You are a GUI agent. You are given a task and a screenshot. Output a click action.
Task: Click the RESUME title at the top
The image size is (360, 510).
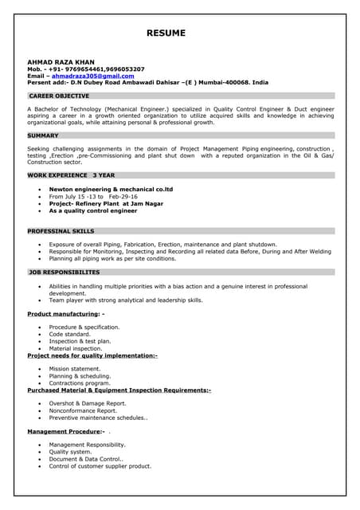click(166, 33)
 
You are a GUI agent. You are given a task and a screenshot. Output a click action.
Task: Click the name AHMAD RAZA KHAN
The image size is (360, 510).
click(60, 62)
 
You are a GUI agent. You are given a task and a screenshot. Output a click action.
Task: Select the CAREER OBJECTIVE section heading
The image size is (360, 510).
click(59, 96)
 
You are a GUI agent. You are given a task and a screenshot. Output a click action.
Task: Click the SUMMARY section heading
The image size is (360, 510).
click(43, 135)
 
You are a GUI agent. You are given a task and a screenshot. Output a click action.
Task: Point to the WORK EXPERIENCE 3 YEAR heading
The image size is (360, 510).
click(71, 175)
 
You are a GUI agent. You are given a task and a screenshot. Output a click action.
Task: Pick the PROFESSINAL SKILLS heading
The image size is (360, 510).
click(61, 230)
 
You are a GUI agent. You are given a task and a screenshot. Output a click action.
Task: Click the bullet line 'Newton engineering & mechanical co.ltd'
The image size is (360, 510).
click(111, 189)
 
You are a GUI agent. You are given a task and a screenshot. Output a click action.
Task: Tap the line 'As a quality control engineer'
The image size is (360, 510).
click(93, 211)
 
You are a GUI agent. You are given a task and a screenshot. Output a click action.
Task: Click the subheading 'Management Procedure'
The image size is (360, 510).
click(65, 431)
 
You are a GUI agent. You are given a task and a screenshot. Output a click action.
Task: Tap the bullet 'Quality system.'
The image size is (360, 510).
click(70, 452)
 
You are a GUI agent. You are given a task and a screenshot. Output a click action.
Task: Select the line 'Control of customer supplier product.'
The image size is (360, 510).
click(100, 466)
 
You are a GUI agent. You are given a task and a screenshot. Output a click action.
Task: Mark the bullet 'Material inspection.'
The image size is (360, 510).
click(76, 348)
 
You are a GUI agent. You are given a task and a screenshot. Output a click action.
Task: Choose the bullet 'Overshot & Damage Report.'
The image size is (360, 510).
click(88, 403)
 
